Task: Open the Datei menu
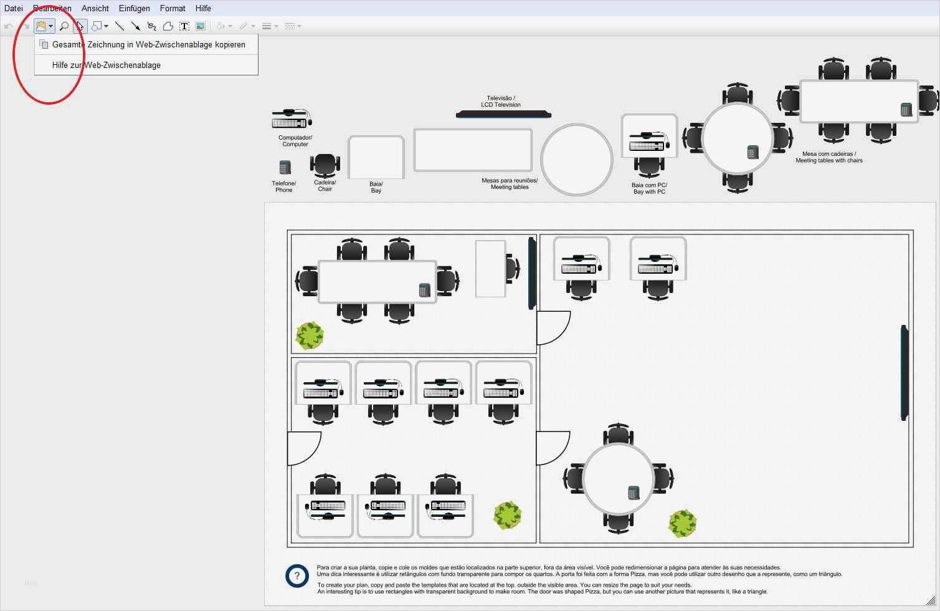[x=13, y=8]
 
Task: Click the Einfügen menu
[x=134, y=8]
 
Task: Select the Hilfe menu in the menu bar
[x=203, y=8]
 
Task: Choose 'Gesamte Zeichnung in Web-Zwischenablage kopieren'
[x=148, y=44]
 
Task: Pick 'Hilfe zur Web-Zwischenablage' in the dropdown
[x=107, y=65]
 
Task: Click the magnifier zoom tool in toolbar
[x=64, y=26]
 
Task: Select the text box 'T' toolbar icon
[x=184, y=26]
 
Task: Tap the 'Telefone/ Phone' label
[x=284, y=186]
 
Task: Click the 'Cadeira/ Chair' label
[x=325, y=186]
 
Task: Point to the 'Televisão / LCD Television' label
[x=501, y=102]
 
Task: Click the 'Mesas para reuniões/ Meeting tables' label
[x=510, y=184]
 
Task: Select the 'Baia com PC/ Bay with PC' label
[x=649, y=188]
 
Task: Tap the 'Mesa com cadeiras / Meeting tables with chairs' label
[x=829, y=157]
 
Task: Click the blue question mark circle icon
[x=297, y=576]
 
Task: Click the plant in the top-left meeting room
[x=310, y=335]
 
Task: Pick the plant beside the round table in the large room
[x=682, y=524]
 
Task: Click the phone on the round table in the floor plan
[x=634, y=493]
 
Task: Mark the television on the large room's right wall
[x=904, y=373]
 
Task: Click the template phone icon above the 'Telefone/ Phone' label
[x=285, y=167]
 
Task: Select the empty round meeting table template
[x=577, y=160]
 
